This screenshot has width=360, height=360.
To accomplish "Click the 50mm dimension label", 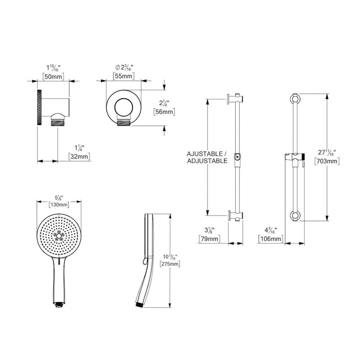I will (x=52, y=76).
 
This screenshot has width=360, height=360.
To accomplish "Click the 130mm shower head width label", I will (x=59, y=205).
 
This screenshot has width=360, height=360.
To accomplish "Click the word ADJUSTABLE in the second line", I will (x=207, y=161).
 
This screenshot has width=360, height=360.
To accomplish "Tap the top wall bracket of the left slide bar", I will (x=236, y=99).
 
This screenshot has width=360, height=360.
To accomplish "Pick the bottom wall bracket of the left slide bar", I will (x=236, y=215).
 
